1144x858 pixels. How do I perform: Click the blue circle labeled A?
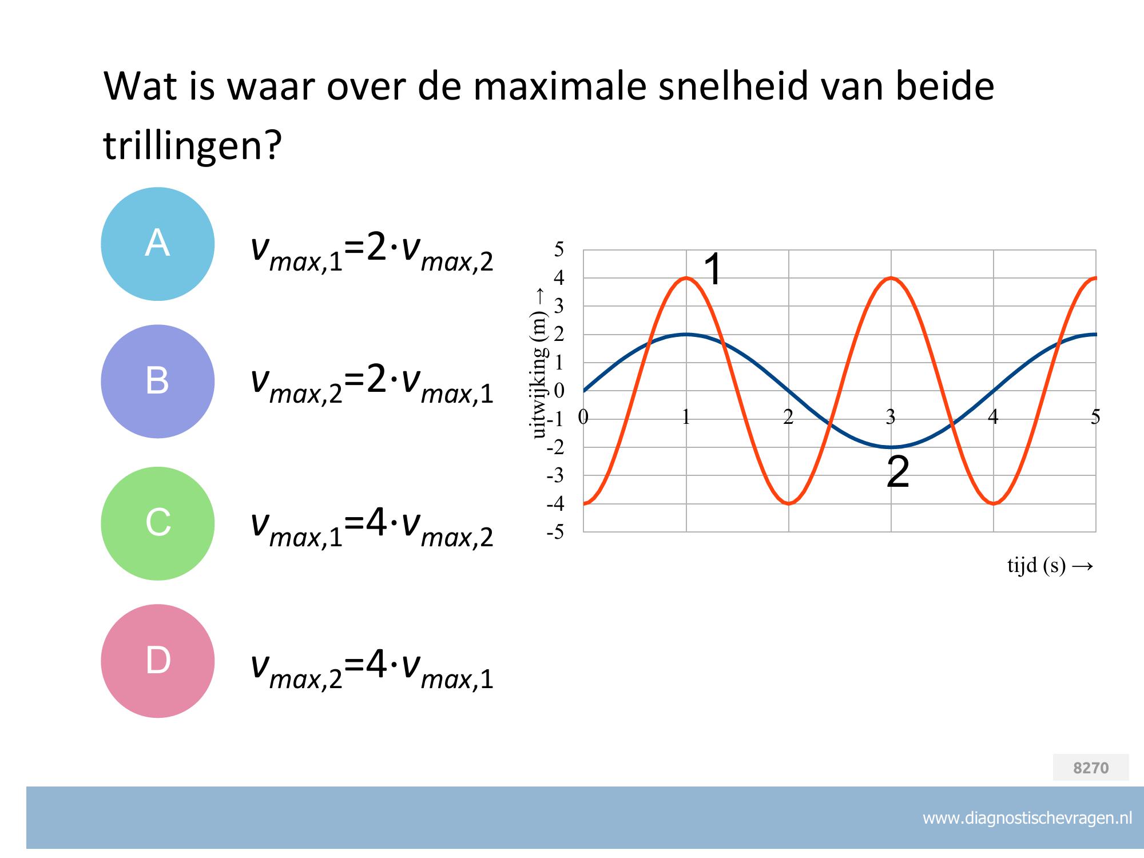[x=158, y=244]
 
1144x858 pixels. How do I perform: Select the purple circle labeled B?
[x=158, y=382]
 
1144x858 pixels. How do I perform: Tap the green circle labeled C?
[x=158, y=524]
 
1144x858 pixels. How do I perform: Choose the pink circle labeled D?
[x=158, y=661]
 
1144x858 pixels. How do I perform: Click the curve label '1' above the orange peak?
[x=713, y=269]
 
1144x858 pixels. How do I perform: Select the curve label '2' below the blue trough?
[x=897, y=472]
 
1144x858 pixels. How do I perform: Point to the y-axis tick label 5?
[x=559, y=249]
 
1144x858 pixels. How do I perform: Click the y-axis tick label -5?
[x=555, y=533]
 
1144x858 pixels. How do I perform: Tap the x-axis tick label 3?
[x=891, y=417]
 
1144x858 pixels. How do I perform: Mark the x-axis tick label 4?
[x=993, y=417]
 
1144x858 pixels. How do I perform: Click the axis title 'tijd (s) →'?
[x=1050, y=566]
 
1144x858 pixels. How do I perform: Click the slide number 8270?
[x=1091, y=768]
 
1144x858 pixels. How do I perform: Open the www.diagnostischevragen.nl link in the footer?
[x=1027, y=819]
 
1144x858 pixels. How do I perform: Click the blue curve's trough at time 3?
[x=891, y=447]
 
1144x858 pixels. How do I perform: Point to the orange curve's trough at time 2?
[x=789, y=503]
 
